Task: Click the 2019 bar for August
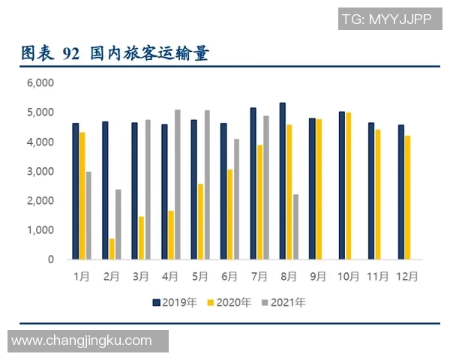282,181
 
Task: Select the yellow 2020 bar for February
112,249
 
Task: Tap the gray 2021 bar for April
178,184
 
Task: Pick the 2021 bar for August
295,226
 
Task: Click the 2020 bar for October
348,186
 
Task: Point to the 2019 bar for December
400,192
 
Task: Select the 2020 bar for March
141,238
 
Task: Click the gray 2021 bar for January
88,215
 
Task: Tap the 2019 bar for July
253,184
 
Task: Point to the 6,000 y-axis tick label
40,82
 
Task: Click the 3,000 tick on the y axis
40,171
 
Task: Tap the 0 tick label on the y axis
51,259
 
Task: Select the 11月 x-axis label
377,276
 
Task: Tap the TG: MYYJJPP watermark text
386,19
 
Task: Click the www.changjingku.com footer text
82,341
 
